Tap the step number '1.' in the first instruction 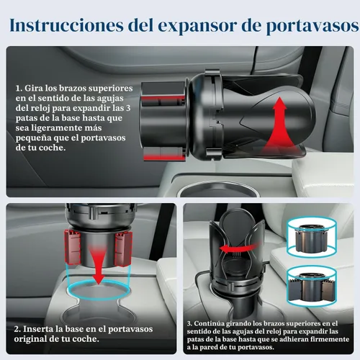click(x=19, y=88)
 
